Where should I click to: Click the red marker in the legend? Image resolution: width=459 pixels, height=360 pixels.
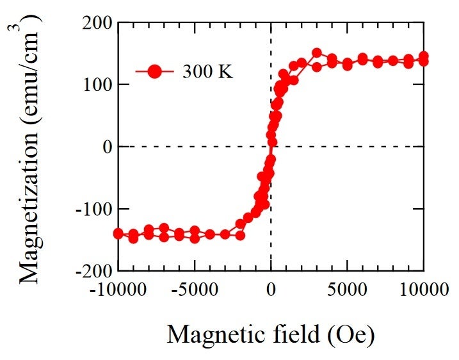point(154,70)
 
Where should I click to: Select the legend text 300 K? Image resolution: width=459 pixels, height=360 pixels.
point(207,71)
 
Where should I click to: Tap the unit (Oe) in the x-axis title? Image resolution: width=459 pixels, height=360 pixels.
point(351,334)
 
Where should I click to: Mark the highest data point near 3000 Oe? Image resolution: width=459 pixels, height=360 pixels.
point(316,53)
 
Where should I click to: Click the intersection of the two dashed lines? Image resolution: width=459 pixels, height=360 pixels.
point(271,147)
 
